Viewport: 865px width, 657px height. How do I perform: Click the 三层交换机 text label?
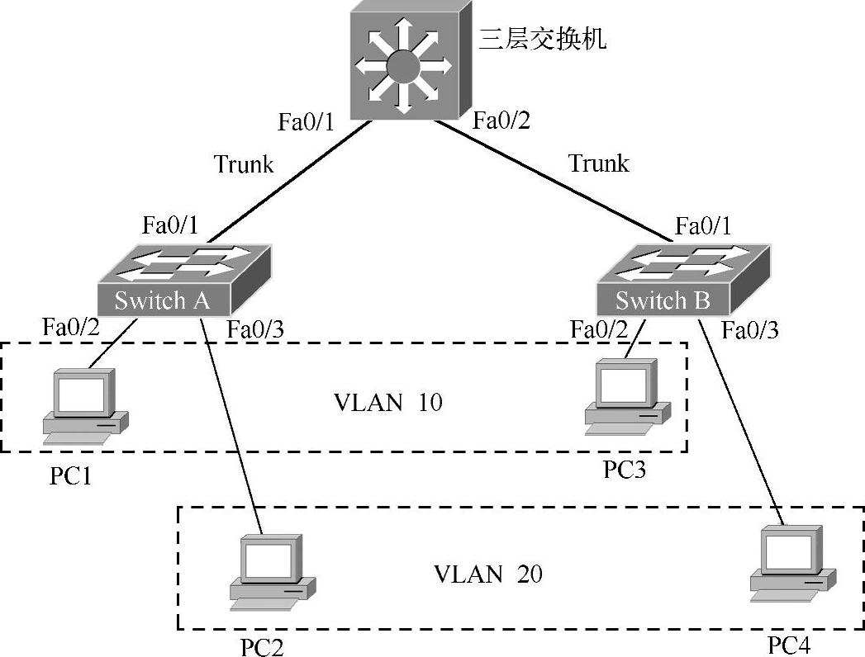coord(543,39)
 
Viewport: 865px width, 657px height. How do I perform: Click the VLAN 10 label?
coord(387,403)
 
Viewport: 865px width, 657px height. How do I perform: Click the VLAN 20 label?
coord(488,574)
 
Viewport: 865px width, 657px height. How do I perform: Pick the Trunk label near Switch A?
coord(244,164)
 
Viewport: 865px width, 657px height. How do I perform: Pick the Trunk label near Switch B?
coord(599,163)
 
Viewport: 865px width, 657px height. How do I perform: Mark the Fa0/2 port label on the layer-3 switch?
coord(501,121)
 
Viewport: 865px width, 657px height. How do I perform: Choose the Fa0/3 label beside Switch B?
coord(750,330)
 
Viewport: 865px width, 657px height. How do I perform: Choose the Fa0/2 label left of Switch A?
coord(71,326)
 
